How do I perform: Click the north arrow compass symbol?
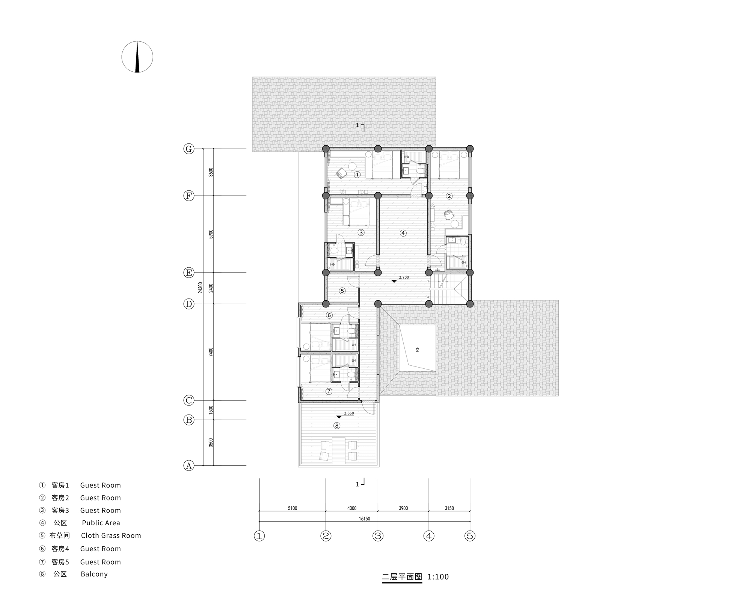click(137, 57)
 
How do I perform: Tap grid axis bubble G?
click(189, 149)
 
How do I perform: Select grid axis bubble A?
click(189, 466)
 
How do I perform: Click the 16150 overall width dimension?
click(364, 519)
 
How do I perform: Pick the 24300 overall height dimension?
click(201, 288)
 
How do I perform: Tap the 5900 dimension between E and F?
click(211, 234)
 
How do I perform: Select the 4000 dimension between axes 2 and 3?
click(352, 508)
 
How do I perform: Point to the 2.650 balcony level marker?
click(345, 415)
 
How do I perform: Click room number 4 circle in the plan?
click(403, 233)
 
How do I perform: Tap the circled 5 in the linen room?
click(342, 291)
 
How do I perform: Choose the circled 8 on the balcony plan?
click(337, 425)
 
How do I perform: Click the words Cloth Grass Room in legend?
click(111, 536)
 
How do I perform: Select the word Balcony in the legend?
click(94, 574)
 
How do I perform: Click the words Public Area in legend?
click(101, 523)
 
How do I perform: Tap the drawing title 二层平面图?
click(402, 577)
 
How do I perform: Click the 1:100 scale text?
click(438, 577)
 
